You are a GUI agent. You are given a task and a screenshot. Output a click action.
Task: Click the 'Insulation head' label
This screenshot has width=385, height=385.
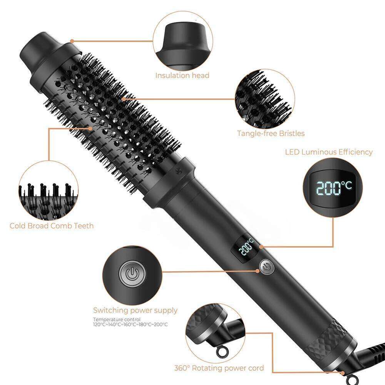(182, 75)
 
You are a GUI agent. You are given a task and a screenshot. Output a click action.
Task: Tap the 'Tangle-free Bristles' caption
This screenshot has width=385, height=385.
(271, 134)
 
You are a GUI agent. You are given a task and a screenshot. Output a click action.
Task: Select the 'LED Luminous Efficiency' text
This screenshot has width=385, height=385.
(329, 152)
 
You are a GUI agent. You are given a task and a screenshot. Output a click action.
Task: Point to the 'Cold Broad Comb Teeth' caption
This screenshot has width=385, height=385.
(52, 226)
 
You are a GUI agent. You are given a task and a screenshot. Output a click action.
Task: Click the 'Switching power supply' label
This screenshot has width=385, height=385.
(135, 310)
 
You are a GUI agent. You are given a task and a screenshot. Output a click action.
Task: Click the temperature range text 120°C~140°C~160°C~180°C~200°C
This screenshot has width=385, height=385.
(130, 325)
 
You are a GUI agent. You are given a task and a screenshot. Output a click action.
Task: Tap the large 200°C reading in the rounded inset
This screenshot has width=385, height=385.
(334, 187)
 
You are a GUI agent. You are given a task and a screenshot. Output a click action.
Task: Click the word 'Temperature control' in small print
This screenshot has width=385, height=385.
(111, 320)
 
